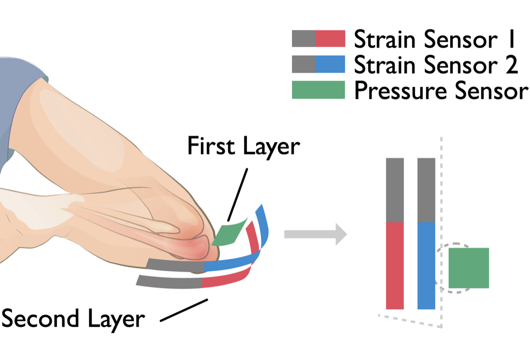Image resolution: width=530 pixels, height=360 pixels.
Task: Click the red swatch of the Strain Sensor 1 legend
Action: tap(330, 38)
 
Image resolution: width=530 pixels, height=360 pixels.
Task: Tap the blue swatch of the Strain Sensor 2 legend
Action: tap(330, 64)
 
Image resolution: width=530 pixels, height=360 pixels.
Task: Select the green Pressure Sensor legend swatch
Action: tap(318, 90)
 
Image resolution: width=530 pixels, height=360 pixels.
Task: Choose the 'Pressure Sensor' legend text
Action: tap(441, 91)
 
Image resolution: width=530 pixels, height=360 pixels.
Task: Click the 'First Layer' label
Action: tap(243, 146)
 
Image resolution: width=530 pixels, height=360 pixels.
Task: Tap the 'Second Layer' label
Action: tap(72, 319)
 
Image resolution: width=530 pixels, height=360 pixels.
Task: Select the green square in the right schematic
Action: tap(468, 268)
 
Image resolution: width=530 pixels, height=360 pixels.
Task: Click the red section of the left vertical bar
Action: tap(394, 265)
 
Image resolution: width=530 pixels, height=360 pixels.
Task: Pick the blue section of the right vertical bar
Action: tap(426, 265)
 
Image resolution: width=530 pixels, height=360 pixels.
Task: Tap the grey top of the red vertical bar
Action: tap(394, 190)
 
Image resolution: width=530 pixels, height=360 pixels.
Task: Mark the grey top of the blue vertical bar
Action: tap(426, 190)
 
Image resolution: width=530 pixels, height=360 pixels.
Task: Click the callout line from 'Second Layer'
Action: tap(184, 310)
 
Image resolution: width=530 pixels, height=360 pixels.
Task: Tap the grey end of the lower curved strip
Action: tap(168, 281)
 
